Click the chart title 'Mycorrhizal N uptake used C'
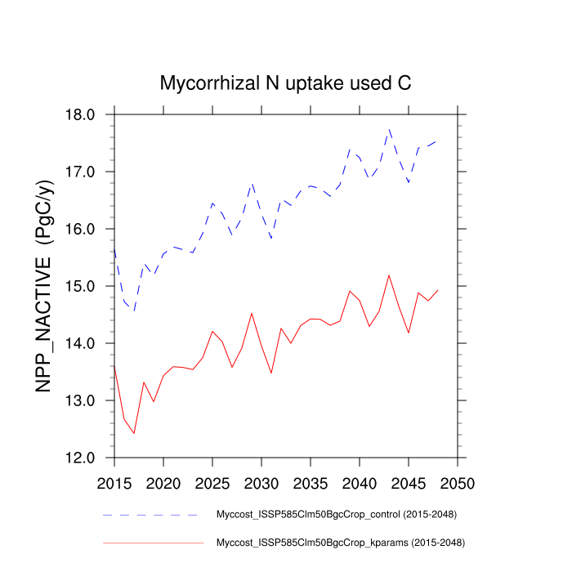(x=285, y=83)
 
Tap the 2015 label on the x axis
(x=114, y=482)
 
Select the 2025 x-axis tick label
(x=212, y=482)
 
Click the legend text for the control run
(x=335, y=515)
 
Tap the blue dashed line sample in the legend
(x=151, y=515)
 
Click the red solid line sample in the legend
(x=153, y=542)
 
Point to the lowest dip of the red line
(x=134, y=433)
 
